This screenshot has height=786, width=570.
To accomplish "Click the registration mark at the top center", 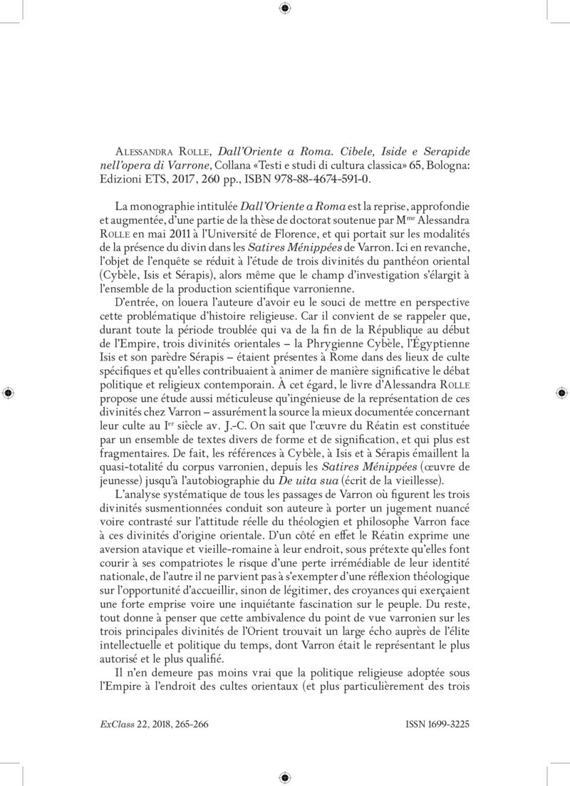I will tap(285, 8).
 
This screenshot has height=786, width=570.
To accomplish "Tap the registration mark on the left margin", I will tap(8, 393).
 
